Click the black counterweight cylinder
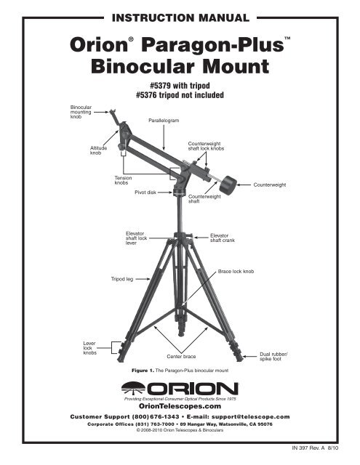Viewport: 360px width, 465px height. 228,185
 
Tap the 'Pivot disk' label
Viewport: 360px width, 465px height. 145,193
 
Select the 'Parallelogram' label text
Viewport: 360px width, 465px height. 164,121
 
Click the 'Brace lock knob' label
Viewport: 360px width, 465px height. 236,271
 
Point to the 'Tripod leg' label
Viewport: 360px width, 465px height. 122,279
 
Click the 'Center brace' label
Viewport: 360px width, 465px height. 181,357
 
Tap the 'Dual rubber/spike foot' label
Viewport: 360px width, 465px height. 273,357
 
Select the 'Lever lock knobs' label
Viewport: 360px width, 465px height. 90,348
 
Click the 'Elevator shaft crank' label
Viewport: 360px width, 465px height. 223,238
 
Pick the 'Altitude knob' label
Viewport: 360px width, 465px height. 98,150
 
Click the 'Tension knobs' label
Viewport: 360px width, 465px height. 123,180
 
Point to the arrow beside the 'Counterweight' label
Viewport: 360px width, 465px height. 244,185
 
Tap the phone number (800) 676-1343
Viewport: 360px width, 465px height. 156,416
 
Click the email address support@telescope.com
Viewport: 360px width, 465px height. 251,416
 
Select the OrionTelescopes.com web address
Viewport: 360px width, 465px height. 180,406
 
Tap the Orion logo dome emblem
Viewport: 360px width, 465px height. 133,388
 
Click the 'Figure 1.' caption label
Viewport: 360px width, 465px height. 143,371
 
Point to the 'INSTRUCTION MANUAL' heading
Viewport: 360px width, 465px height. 180,18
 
